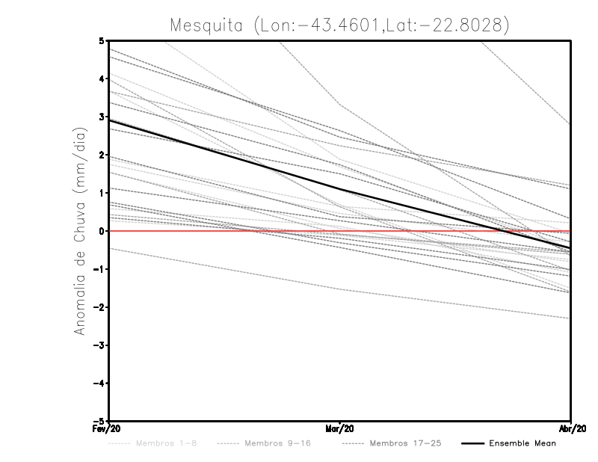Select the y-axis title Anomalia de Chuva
click(x=80, y=232)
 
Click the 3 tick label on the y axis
click(x=102, y=117)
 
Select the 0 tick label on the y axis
click(x=102, y=232)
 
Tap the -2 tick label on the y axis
click(x=99, y=307)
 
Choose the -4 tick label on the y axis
click(x=99, y=384)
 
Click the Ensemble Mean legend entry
click(x=522, y=443)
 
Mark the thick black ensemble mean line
click(x=224, y=154)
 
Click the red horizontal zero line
click(x=187, y=232)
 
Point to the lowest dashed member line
click(x=340, y=289)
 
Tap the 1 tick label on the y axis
click(x=102, y=194)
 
